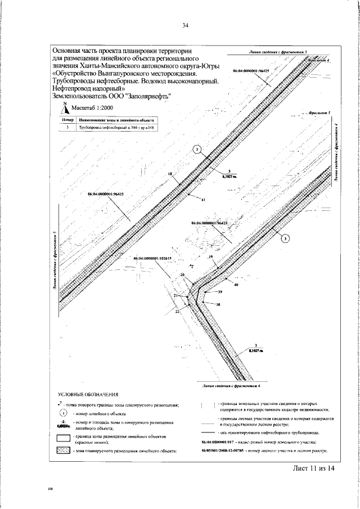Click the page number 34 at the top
tap(185, 25)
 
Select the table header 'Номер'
tap(67, 120)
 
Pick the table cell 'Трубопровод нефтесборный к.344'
tap(116, 128)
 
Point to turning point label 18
tap(170, 175)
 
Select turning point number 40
tap(236, 286)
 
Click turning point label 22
tap(177, 310)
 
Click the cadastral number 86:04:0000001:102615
tap(152, 259)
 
